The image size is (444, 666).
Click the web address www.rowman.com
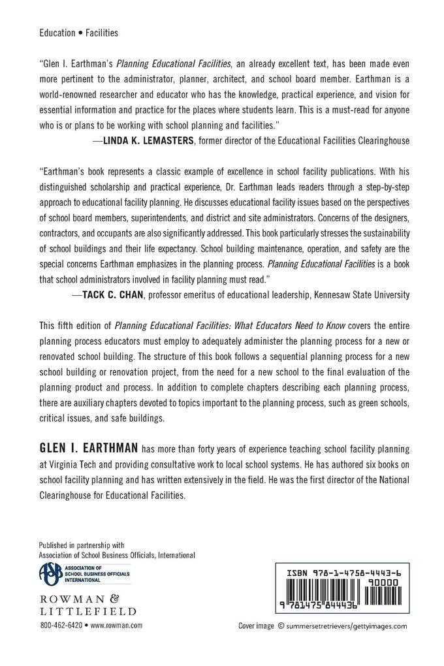coord(117,625)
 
